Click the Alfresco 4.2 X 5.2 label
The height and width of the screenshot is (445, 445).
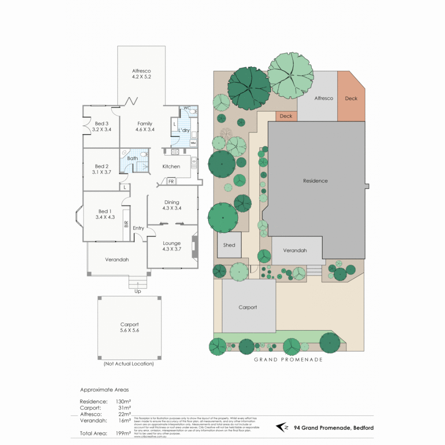tap(141, 73)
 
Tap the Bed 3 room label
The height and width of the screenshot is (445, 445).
tap(102, 126)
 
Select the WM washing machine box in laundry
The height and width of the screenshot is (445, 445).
tap(193, 143)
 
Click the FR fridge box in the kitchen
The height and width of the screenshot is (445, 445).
tap(171, 181)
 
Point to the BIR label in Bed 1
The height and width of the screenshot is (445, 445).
tap(126, 224)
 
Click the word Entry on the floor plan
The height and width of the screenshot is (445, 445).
tap(138, 228)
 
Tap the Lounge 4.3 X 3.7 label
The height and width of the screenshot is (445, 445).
tap(172, 246)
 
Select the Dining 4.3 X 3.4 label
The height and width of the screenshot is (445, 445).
tap(172, 205)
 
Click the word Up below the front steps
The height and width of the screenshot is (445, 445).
tap(138, 291)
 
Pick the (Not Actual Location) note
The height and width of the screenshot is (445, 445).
tap(129, 364)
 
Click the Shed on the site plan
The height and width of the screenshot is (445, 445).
tap(229, 245)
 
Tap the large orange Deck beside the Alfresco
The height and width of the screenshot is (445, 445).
tap(351, 98)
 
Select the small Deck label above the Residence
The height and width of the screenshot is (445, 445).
tap(286, 116)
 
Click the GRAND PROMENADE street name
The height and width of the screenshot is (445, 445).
tap(288, 360)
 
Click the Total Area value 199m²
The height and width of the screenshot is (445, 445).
tap(123, 433)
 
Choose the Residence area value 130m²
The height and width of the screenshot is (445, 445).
tap(123, 401)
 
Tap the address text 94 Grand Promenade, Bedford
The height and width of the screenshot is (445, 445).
tap(334, 428)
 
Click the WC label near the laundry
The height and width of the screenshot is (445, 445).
tap(187, 108)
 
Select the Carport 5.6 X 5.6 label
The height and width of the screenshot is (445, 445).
tap(129, 327)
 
